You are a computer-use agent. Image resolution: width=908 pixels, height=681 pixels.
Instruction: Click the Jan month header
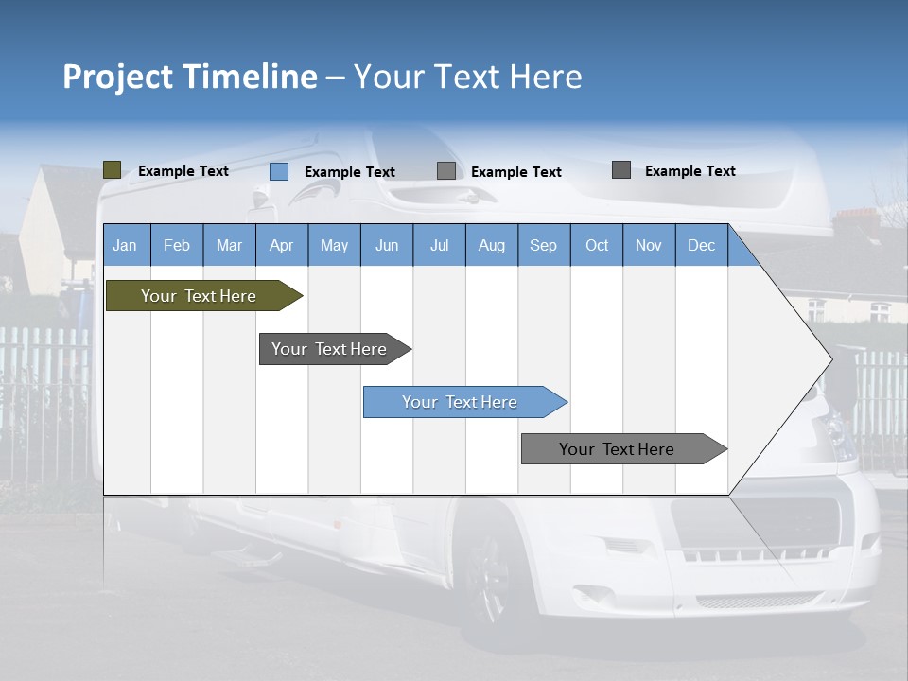(x=126, y=245)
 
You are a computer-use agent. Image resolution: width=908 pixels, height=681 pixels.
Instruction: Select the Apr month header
(x=282, y=245)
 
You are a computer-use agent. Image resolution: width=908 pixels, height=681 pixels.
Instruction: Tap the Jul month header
(x=439, y=245)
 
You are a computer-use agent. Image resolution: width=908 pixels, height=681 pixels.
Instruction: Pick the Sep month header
(x=543, y=245)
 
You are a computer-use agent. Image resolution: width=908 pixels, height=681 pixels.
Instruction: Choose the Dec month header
(x=701, y=245)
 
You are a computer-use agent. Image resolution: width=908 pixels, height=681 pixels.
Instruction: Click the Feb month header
(x=177, y=245)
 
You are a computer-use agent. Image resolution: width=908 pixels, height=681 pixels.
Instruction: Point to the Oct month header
(x=597, y=245)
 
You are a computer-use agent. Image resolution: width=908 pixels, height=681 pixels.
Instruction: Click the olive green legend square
(x=113, y=170)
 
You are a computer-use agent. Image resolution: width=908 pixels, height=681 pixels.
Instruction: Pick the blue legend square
(x=279, y=171)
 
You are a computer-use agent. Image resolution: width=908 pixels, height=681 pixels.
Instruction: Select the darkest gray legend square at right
(x=621, y=170)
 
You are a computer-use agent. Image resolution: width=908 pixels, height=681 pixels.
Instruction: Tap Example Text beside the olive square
(x=183, y=171)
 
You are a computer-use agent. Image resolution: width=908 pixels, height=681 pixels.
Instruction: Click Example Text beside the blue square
(x=350, y=172)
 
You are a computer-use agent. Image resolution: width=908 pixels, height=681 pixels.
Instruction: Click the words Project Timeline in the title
(x=190, y=77)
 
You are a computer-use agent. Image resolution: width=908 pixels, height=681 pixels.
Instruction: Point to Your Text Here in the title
(x=468, y=77)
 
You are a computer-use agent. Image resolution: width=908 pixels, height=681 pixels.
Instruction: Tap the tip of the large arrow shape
(x=829, y=358)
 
